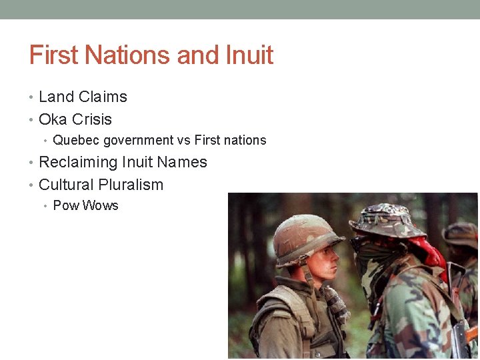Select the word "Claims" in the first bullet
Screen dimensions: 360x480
pyautogui.click(x=103, y=97)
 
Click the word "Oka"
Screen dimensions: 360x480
pyautogui.click(x=53, y=119)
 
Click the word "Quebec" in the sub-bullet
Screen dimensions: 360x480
pyautogui.click(x=73, y=141)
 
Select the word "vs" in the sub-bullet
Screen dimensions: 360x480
pyautogui.click(x=184, y=141)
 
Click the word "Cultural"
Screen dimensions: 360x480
pyautogui.click(x=66, y=185)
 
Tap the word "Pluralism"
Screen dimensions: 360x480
pyautogui.click(x=131, y=185)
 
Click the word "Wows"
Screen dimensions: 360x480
pyautogui.click(x=100, y=205)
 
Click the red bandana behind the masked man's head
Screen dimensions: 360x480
pyautogui.click(x=430, y=250)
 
